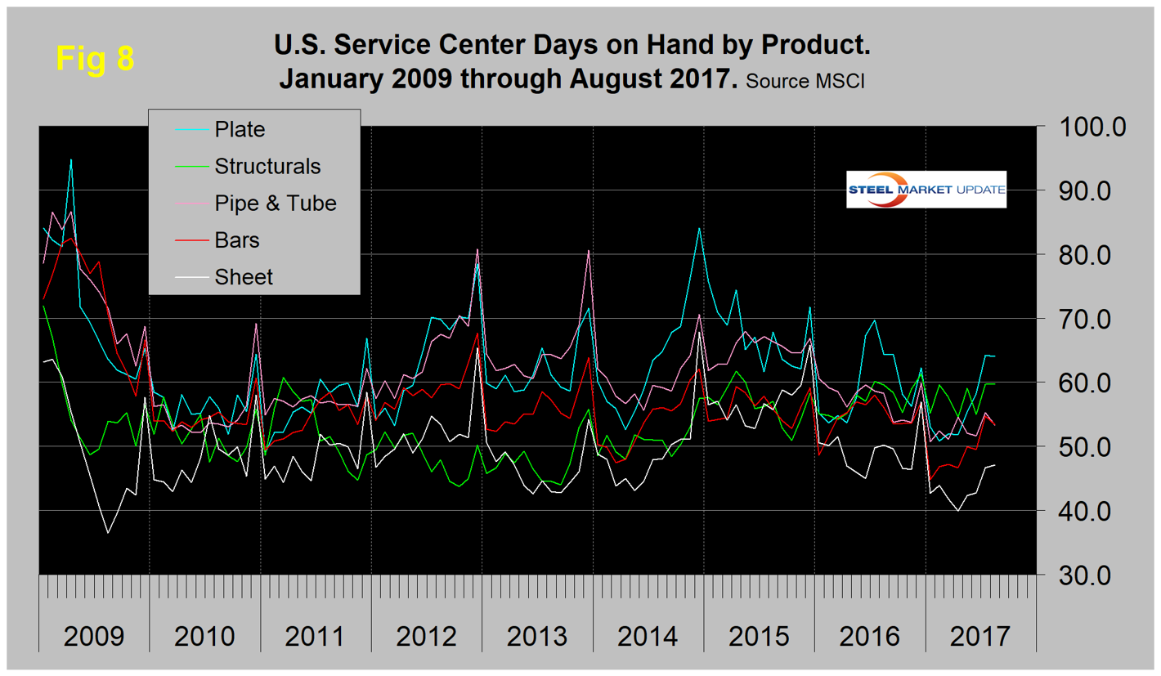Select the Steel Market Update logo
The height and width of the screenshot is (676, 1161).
[926, 189]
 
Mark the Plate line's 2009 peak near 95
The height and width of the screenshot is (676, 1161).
[71, 159]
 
